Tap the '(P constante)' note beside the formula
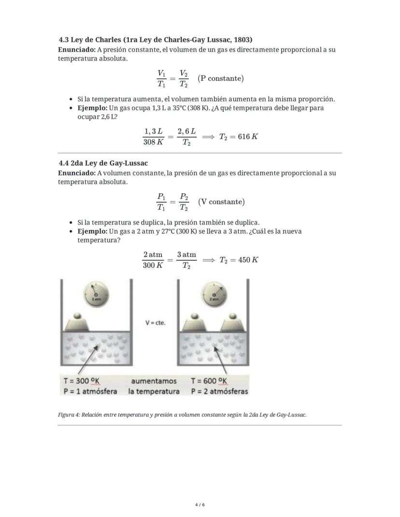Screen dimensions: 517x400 [x=221, y=78]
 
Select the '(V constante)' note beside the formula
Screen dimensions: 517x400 [x=221, y=202]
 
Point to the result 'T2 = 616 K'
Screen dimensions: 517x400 [x=238, y=137]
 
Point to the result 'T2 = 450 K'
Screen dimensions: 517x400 [x=239, y=260]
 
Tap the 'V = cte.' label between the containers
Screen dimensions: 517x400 [x=155, y=322]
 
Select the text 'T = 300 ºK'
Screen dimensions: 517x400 [x=82, y=381]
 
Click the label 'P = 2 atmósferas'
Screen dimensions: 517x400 [x=219, y=391]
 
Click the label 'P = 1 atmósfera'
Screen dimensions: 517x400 [x=90, y=391]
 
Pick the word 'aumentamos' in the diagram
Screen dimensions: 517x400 [x=154, y=381]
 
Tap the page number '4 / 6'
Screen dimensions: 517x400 [x=200, y=505]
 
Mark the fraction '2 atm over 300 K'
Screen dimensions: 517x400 [x=153, y=260]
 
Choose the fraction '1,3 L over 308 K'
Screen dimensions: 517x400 [x=153, y=136]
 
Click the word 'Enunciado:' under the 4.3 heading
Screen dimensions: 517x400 [x=76, y=50]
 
